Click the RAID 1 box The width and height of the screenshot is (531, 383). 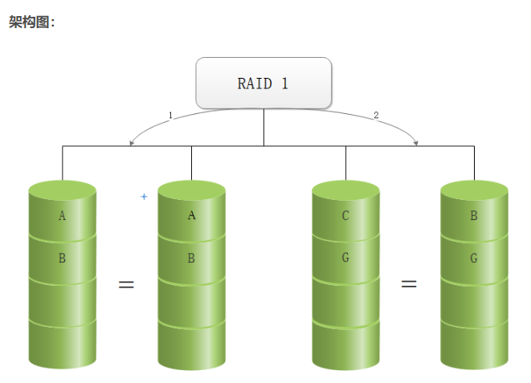pyautogui.click(x=263, y=83)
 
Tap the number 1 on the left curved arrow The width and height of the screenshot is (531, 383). pyautogui.click(x=170, y=115)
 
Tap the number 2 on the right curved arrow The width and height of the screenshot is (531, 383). pyautogui.click(x=376, y=115)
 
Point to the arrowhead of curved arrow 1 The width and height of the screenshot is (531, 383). pyautogui.click(x=132, y=144)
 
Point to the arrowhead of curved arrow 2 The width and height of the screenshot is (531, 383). pyautogui.click(x=415, y=144)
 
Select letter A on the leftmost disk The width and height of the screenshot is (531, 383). pyautogui.click(x=62, y=215)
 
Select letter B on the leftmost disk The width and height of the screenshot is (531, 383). pyautogui.click(x=62, y=259)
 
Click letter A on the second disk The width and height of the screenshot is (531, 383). pyautogui.click(x=191, y=215)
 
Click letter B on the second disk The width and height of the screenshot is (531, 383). pyautogui.click(x=191, y=259)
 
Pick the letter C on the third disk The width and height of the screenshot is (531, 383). pyautogui.click(x=345, y=215)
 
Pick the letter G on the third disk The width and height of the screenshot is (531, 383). pyautogui.click(x=345, y=259)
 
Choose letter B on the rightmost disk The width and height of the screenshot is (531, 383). pyautogui.click(x=474, y=215)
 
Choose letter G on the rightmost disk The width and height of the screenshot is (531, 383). pyautogui.click(x=474, y=259)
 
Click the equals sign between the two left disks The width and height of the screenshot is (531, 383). pyautogui.click(x=126, y=284)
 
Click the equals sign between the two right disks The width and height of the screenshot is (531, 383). pyautogui.click(x=409, y=284)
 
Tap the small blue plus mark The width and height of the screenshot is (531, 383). pyautogui.click(x=144, y=196)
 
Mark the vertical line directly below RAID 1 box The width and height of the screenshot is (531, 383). pyautogui.click(x=263, y=127)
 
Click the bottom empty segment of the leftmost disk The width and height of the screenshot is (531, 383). pyautogui.click(x=62, y=345)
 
